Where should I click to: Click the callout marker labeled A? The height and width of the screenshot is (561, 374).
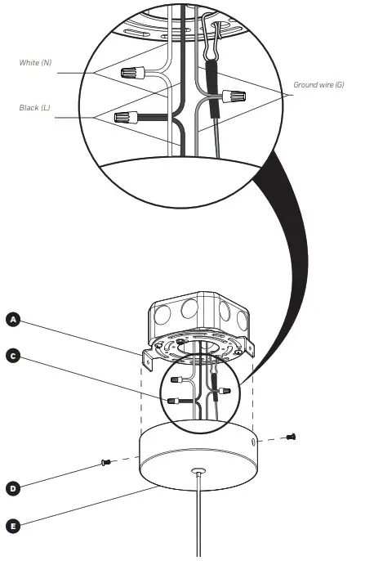point(12,320)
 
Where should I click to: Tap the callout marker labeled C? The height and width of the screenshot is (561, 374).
point(12,356)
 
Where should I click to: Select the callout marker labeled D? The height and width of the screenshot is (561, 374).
point(12,488)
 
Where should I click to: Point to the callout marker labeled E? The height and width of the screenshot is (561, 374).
point(12,527)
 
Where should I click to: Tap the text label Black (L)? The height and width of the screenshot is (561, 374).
point(35,107)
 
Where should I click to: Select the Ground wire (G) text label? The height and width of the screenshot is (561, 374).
point(319,84)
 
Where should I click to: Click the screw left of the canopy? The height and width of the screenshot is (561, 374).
point(105,463)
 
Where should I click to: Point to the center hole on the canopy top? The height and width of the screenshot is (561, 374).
point(198,473)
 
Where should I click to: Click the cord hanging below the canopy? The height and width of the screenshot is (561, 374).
point(197,523)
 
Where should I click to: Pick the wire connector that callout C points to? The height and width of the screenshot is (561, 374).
point(172,402)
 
